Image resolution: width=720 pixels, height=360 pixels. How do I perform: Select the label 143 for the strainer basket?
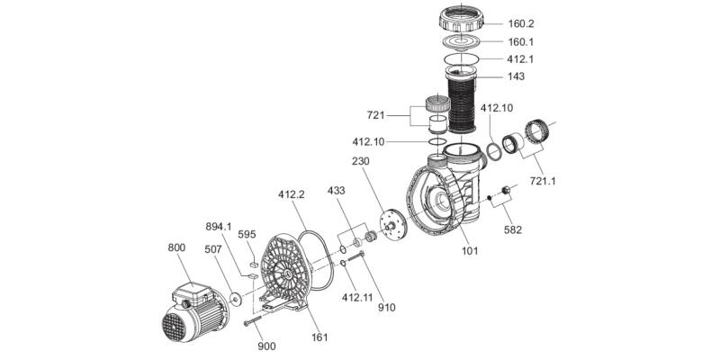tap(516, 76)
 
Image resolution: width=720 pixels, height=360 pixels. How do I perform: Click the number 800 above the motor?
tap(178, 246)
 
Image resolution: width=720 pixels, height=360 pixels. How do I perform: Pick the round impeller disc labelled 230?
tap(392, 225)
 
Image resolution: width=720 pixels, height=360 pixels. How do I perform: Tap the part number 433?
tap(336, 192)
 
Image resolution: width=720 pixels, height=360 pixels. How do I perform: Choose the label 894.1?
tap(220, 226)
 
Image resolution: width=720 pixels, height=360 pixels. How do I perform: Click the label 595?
tap(247, 235)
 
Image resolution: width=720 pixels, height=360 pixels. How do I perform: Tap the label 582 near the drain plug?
tap(513, 229)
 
